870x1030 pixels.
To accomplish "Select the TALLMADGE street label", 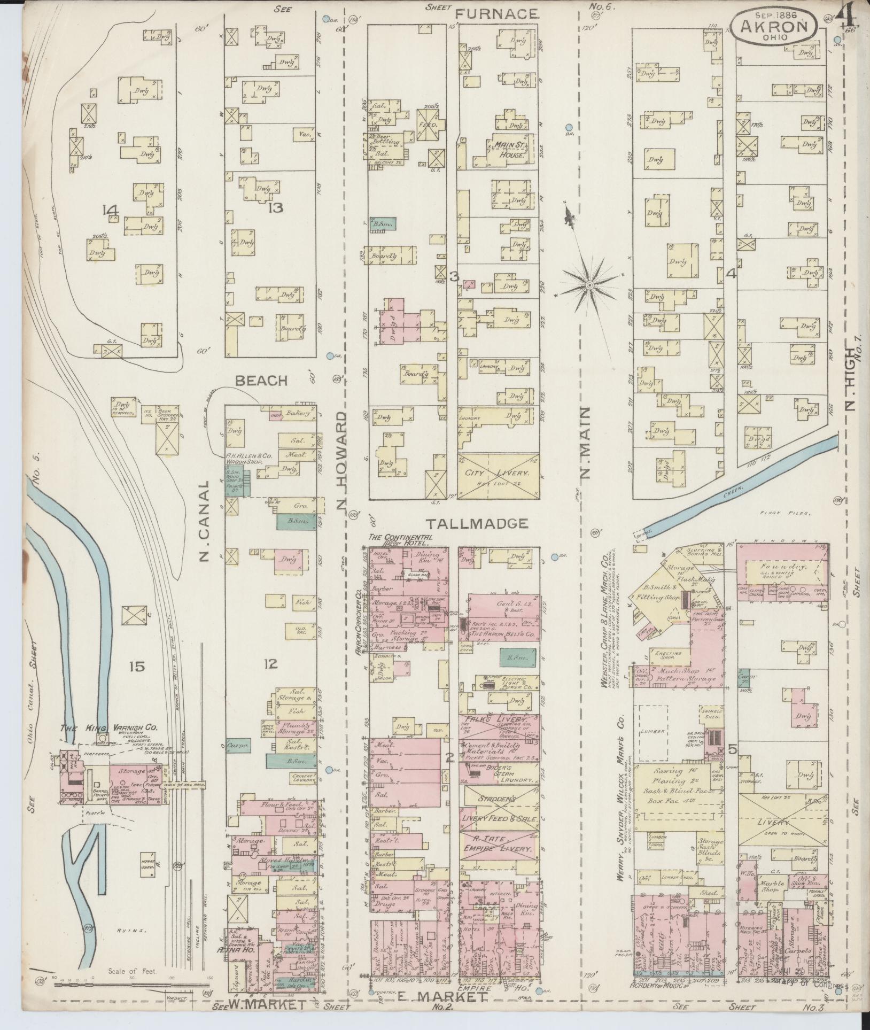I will click(477, 523).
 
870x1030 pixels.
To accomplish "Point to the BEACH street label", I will click(261, 381).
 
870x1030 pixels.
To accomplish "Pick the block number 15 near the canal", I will click(137, 666).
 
